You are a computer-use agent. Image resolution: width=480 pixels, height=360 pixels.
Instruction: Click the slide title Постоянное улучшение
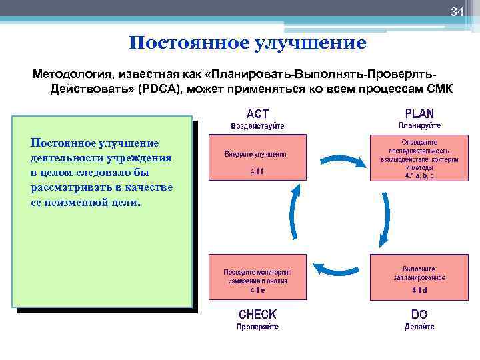pos(247,44)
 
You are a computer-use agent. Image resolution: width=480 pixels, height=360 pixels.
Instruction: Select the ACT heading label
pos(257,113)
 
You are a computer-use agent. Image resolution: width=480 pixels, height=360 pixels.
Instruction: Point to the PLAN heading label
pos(419,113)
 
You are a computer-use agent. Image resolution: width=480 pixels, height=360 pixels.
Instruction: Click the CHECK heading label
pos(257,314)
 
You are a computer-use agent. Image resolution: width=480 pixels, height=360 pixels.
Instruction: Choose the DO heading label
pos(419,314)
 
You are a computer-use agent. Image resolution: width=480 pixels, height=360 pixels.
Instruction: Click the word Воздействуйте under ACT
pos(257,125)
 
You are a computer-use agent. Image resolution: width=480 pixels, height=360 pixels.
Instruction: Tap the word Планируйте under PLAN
pos(419,125)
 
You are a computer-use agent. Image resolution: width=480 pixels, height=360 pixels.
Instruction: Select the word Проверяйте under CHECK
pos(257,327)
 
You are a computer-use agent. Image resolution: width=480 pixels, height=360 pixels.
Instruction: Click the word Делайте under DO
pos(419,327)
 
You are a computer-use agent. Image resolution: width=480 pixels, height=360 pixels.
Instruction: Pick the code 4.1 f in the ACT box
pos(257,170)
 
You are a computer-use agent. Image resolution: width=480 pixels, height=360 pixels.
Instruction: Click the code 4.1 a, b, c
pos(419,176)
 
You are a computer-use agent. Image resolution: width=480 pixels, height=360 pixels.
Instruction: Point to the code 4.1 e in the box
pos(257,291)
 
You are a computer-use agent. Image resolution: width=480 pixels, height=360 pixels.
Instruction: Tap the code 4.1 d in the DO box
pos(419,291)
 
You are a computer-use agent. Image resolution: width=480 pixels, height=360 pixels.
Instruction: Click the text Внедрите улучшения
pos(257,153)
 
